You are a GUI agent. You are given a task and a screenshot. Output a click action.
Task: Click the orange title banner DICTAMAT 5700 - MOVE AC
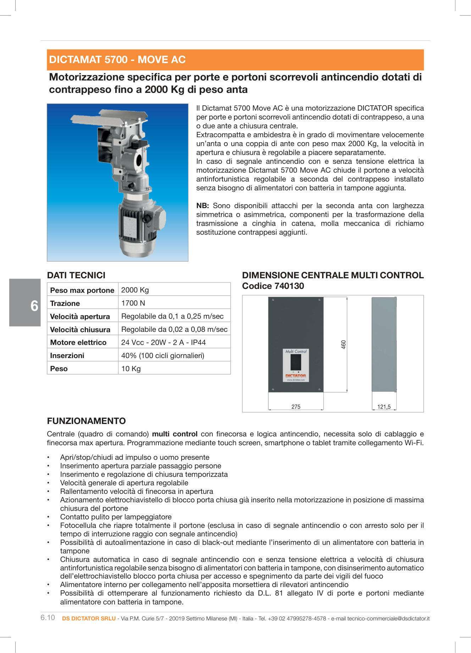(235, 60)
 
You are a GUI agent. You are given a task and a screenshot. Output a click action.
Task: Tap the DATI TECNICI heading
(76, 275)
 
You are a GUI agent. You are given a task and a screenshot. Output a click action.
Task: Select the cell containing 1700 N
(133, 303)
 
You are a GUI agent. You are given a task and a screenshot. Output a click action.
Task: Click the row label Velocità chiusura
(80, 330)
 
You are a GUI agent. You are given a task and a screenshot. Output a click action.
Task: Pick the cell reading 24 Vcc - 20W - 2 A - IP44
(163, 342)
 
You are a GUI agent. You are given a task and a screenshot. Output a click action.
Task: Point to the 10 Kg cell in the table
(131, 369)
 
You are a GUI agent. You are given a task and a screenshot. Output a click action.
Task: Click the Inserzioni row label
(67, 356)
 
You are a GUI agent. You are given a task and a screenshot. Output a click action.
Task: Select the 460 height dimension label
(343, 344)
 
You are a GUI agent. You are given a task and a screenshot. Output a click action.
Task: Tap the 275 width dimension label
(296, 407)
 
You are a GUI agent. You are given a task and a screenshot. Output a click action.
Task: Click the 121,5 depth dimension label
(384, 407)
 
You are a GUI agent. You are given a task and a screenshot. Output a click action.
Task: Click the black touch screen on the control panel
(296, 362)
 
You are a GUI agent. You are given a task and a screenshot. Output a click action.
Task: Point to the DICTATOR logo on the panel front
(296, 375)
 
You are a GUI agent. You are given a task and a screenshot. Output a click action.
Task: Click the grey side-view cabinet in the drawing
(384, 344)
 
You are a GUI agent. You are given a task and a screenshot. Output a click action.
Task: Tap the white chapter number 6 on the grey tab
(34, 306)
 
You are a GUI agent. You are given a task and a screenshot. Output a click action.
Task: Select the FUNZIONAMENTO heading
(86, 421)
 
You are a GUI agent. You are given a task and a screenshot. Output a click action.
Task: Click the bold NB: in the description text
(203, 206)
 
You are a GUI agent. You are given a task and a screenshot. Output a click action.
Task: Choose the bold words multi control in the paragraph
(174, 434)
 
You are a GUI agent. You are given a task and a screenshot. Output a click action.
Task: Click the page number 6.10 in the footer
(48, 618)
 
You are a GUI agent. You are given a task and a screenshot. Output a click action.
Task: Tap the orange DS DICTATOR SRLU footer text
(89, 618)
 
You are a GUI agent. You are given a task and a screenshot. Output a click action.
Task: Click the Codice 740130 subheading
(273, 286)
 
